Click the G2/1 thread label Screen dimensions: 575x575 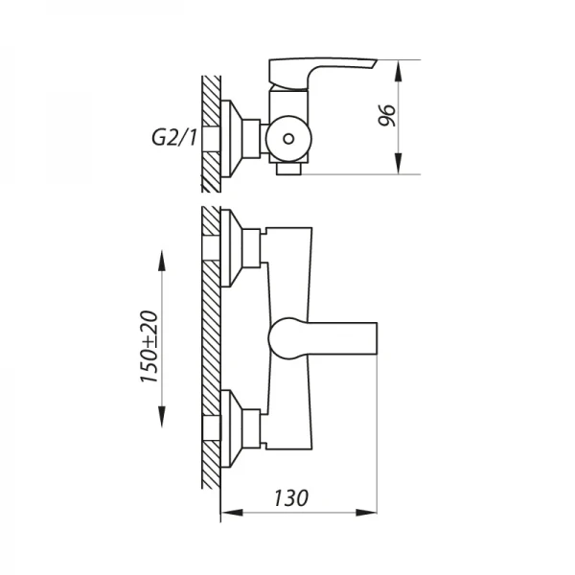(174, 138)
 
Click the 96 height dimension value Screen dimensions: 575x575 (387, 116)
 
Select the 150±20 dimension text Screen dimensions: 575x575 (149, 346)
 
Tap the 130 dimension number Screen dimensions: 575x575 (291, 497)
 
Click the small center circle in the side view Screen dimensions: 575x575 (288, 139)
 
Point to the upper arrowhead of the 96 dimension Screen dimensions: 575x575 (399, 71)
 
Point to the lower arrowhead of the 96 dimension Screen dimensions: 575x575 (399, 164)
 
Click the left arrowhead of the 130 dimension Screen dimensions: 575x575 (233, 513)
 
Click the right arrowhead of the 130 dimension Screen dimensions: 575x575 (366, 513)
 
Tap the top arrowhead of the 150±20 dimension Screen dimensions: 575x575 (162, 261)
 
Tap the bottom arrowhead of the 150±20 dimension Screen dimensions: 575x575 (162, 416)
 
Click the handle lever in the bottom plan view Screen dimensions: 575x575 (323, 338)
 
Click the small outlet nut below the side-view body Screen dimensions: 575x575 (288, 169)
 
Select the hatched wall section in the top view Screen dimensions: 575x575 (211, 134)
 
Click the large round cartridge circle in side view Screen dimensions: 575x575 (288, 139)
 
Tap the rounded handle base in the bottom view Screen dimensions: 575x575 (283, 338)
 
